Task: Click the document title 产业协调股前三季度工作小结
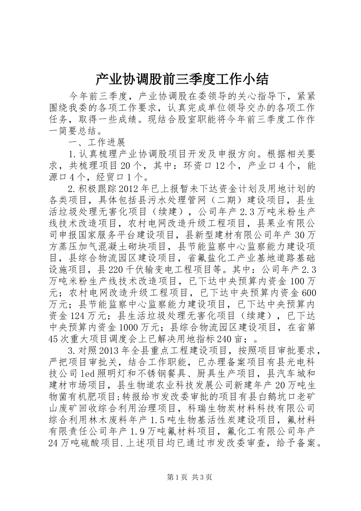point(182,79)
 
